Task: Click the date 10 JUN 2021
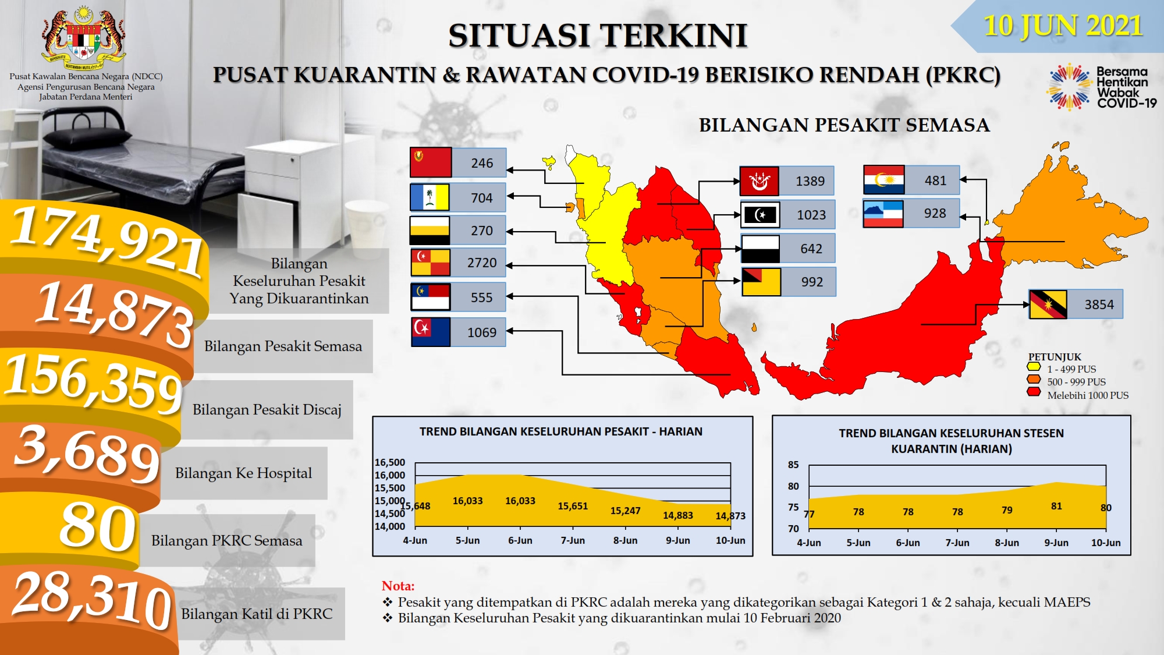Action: pos(1063,26)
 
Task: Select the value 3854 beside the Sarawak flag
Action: pos(1099,305)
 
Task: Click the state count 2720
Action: pos(482,263)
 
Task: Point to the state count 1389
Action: pos(810,181)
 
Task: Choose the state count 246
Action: pos(482,163)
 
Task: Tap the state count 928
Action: pos(935,213)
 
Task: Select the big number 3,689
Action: pos(87,453)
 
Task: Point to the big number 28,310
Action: pos(92,600)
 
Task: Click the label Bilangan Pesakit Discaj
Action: pos(267,410)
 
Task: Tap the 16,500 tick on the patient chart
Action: pos(390,462)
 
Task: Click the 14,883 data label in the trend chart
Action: pos(678,515)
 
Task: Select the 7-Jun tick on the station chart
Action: pos(957,543)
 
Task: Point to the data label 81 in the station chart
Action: pos(1056,506)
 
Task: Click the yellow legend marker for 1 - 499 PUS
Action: pos(1034,367)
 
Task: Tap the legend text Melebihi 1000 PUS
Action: pos(1088,395)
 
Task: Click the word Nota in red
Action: pos(398,586)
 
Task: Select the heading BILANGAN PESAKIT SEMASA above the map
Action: pos(844,125)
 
